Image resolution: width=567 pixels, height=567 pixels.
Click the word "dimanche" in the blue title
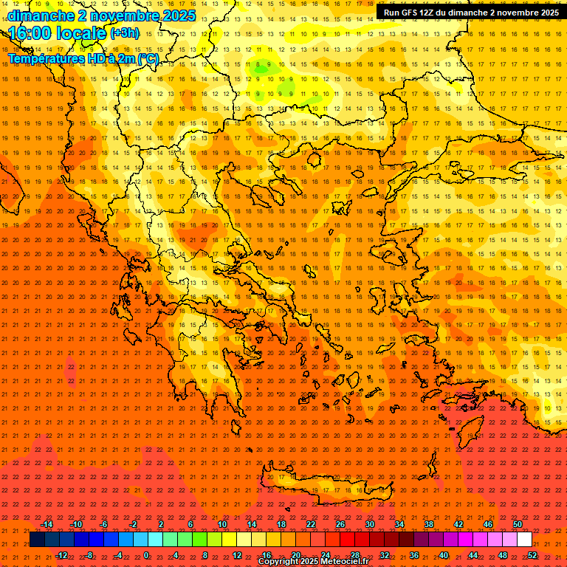point(38,16)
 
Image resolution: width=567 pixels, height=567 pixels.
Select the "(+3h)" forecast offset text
point(123,33)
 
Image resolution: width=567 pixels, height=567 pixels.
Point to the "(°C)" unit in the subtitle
point(148,58)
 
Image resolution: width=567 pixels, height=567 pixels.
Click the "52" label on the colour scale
point(532,554)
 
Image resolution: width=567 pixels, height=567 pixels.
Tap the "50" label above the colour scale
point(518,524)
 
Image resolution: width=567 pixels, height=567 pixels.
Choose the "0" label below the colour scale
point(146,554)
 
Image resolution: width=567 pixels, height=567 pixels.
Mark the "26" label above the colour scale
point(340,524)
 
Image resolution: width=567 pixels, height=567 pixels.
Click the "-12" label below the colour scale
point(61,554)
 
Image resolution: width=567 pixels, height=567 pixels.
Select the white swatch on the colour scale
point(524,540)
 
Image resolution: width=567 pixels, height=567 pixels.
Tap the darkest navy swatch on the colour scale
point(37,540)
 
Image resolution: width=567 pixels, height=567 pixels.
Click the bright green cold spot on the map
point(260,67)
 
